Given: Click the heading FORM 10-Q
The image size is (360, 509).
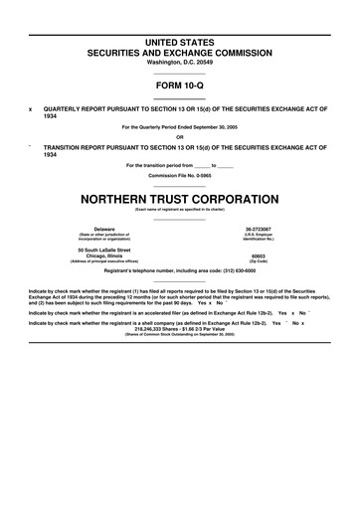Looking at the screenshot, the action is click(180, 85).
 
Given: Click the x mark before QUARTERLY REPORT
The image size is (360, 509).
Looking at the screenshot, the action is click(31, 108).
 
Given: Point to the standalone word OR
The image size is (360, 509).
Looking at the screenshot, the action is click(180, 136).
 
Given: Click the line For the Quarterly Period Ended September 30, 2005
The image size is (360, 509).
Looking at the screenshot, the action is click(180, 126).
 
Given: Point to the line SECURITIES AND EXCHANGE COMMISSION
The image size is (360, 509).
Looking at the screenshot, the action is click(180, 50).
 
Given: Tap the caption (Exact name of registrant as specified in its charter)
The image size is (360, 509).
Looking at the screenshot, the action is click(180, 209).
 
